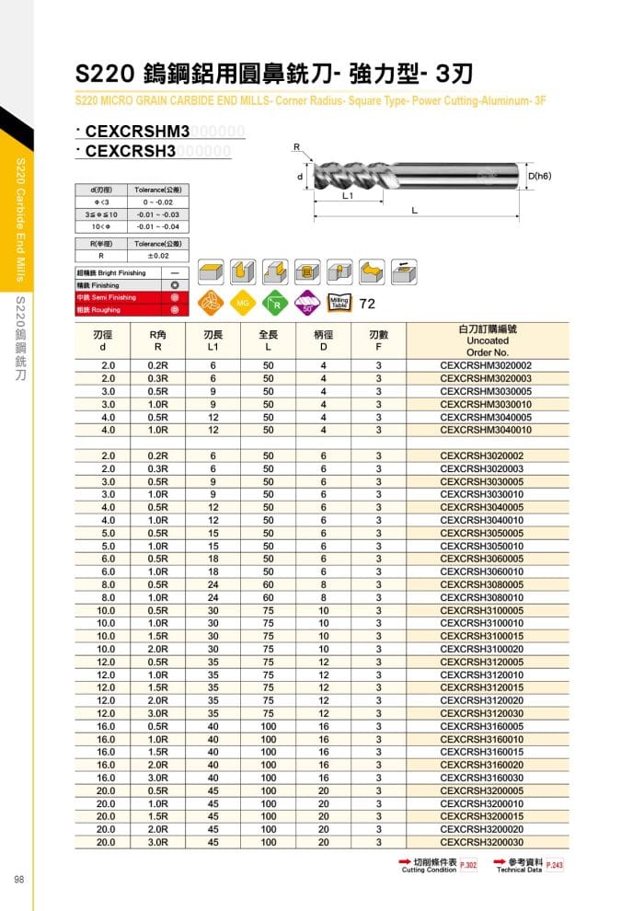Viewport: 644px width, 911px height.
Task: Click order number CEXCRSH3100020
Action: [x=486, y=648]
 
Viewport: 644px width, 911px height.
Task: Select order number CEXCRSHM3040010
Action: [x=486, y=430]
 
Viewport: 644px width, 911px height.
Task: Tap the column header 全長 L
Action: [x=269, y=341]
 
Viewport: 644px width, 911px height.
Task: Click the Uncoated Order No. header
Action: [x=487, y=340]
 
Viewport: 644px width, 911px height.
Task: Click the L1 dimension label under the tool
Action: [x=349, y=196]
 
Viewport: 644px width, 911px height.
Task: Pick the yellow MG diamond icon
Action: [x=244, y=303]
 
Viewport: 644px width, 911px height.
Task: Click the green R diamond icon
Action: [x=275, y=303]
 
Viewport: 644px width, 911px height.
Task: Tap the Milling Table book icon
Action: [x=339, y=303]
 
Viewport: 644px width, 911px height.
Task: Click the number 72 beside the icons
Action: [x=367, y=304]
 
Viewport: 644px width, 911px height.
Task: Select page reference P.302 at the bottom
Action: [x=467, y=866]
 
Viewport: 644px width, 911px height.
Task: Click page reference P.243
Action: [x=555, y=866]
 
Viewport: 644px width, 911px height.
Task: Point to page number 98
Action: [x=18, y=880]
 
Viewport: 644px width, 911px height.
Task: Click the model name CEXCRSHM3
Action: [x=136, y=132]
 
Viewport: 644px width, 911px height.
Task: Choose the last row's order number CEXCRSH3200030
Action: [x=486, y=841]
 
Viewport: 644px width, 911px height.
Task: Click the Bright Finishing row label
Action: [x=111, y=273]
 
